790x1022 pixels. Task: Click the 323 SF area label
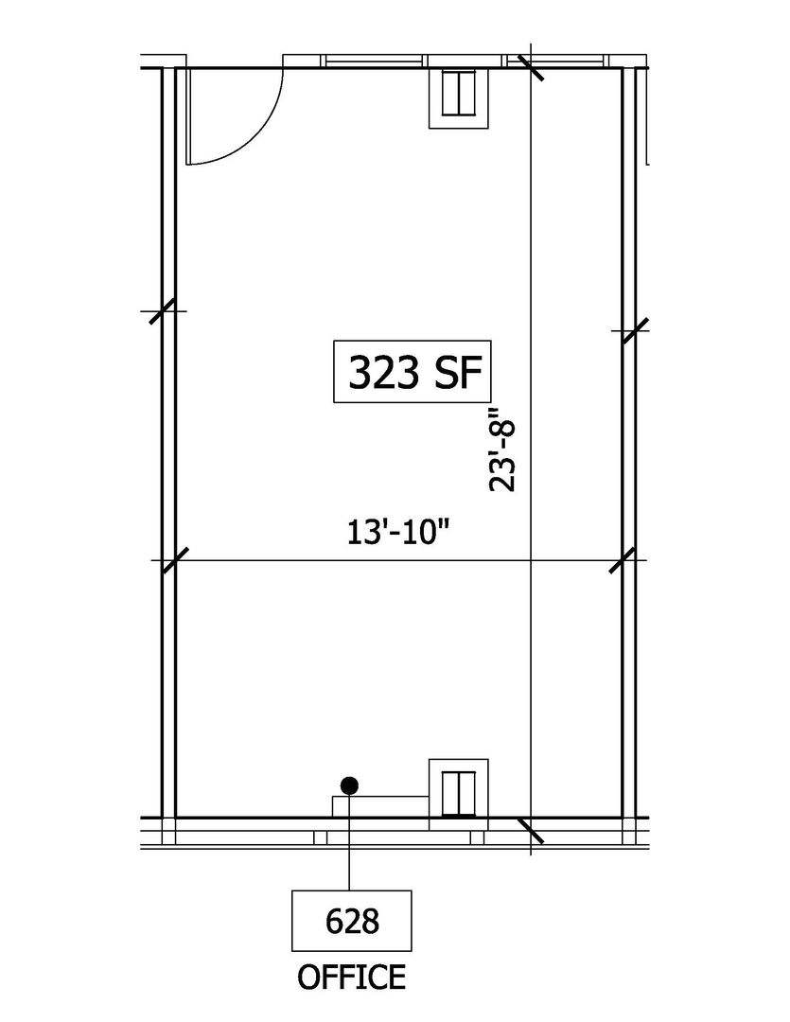click(412, 372)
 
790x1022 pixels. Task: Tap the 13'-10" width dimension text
click(399, 533)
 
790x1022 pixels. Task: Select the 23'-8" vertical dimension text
click(502, 449)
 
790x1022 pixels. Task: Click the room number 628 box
click(351, 921)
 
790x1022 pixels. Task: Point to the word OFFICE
click(351, 977)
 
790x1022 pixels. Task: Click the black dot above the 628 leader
click(350, 785)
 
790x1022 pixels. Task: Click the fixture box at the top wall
click(458, 97)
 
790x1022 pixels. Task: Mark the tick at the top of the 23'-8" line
click(531, 67)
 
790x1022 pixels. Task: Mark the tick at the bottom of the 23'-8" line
click(531, 829)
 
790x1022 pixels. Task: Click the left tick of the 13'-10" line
click(174, 560)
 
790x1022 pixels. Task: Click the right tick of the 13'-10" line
click(623, 560)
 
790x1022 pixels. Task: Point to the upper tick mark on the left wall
click(163, 311)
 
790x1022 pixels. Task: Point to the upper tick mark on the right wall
click(636, 331)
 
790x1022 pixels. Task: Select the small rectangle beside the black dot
click(380, 806)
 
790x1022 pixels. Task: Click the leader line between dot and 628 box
click(350, 842)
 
